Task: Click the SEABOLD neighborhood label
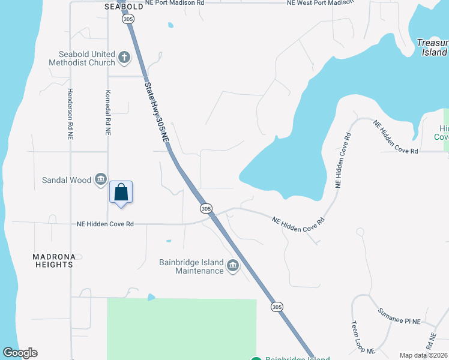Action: pos(124,7)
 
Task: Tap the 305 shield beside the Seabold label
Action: pos(128,20)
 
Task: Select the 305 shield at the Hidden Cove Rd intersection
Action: pos(206,208)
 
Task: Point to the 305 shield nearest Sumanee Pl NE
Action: pos(276,307)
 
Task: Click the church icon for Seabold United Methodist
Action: pos(124,58)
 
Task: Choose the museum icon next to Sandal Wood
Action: pos(101,179)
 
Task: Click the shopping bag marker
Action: pos(121,192)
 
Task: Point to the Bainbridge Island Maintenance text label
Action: pos(191,266)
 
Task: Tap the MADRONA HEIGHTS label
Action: pos(54,260)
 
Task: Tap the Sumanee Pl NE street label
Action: pos(399,317)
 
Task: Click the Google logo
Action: pos(20,353)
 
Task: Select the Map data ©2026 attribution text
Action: pos(423,355)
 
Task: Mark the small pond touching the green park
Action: pos(151,297)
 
